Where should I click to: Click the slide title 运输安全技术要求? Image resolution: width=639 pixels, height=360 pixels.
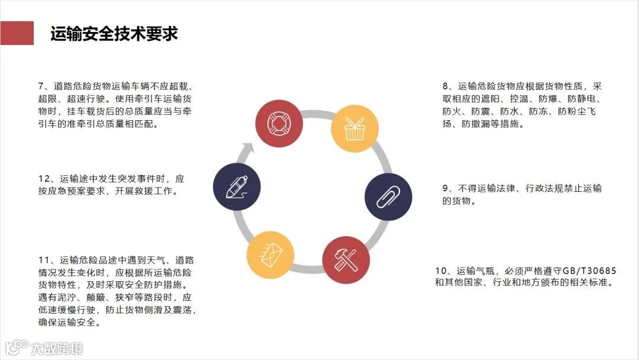114,34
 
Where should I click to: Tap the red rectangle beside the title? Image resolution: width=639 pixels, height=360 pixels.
17,33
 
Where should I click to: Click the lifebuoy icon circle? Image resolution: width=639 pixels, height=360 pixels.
279,123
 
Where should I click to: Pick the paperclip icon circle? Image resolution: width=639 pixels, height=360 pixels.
388,197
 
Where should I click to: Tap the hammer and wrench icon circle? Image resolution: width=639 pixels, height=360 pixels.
346,259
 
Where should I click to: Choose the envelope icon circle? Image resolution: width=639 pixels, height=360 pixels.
270,255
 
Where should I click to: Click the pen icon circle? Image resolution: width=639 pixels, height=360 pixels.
237,187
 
